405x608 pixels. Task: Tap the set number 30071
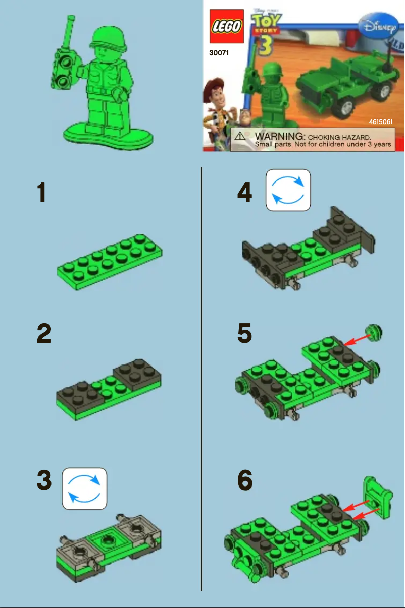[x=219, y=52]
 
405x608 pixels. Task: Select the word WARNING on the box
[x=280, y=136]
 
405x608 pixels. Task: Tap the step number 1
[x=42, y=193]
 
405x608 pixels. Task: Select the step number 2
[x=44, y=334]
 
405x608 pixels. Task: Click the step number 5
[x=245, y=334]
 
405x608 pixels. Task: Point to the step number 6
[x=245, y=481]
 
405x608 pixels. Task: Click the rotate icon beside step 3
[x=84, y=489]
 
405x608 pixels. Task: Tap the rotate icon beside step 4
[x=288, y=190]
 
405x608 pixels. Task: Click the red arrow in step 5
[x=356, y=341]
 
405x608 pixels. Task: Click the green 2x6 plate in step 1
[x=110, y=262]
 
